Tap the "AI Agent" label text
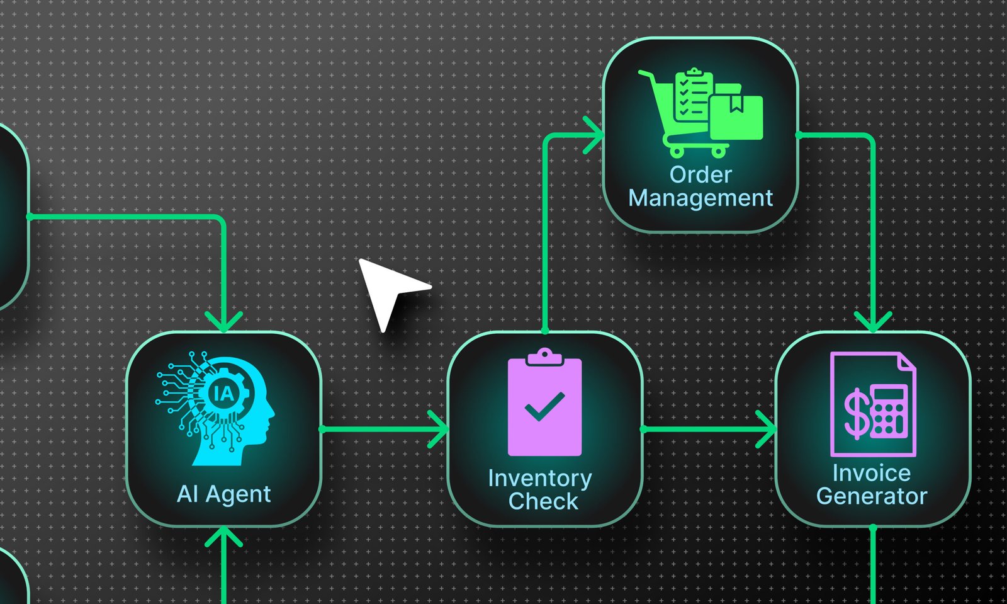[x=224, y=494]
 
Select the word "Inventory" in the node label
[x=539, y=479]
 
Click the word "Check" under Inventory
[x=543, y=502]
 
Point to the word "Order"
[x=700, y=174]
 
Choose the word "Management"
[x=700, y=198]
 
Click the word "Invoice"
[x=872, y=473]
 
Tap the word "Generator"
[x=872, y=496]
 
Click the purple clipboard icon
[x=544, y=403]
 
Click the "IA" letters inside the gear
[x=223, y=394]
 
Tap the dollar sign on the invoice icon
[x=857, y=413]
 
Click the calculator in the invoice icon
[x=888, y=411]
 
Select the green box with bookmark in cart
[x=736, y=117]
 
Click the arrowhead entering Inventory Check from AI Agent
[x=439, y=429]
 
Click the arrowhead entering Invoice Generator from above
[x=873, y=321]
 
